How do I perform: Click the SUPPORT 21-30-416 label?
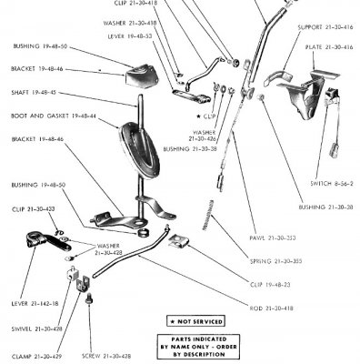tap(323, 27)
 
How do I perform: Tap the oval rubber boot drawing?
tap(142, 151)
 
